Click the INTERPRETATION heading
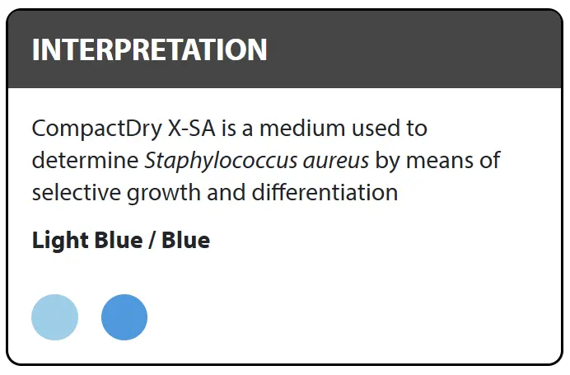[x=149, y=49]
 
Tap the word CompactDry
[x=97, y=129]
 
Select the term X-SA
[x=191, y=128]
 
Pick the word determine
[x=86, y=160]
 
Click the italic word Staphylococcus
[x=221, y=162]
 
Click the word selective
[x=77, y=192]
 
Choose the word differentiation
[x=325, y=192]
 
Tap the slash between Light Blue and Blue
[x=151, y=241]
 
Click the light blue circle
[x=55, y=317]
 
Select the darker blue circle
[x=124, y=317]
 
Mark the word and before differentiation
[x=227, y=192]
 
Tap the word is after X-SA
[x=229, y=128]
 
